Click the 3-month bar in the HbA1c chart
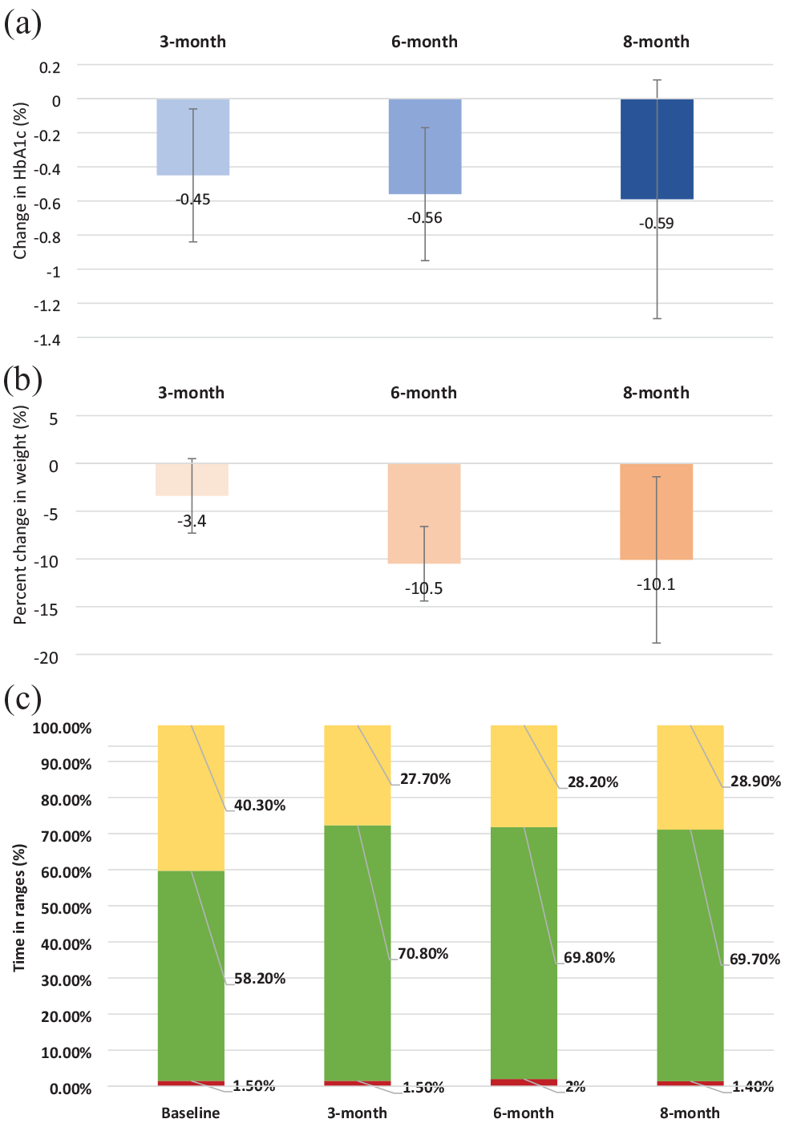(x=193, y=137)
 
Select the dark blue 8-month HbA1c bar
(x=657, y=149)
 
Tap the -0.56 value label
(x=424, y=218)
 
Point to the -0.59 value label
(x=656, y=223)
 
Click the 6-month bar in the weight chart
(x=424, y=513)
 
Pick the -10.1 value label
(x=656, y=584)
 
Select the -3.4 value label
(x=192, y=521)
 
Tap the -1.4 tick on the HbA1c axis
(x=47, y=341)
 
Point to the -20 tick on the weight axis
(x=47, y=658)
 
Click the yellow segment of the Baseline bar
(x=191, y=798)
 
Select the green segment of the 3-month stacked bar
(x=357, y=953)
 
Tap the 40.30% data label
(x=260, y=805)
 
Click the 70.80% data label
(x=423, y=953)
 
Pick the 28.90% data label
(x=755, y=781)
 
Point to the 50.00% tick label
(x=67, y=908)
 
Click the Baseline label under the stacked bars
(x=191, y=1113)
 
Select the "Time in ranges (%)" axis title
(x=19, y=907)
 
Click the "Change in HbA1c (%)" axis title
(x=19, y=181)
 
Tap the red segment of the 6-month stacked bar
(x=524, y=1082)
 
